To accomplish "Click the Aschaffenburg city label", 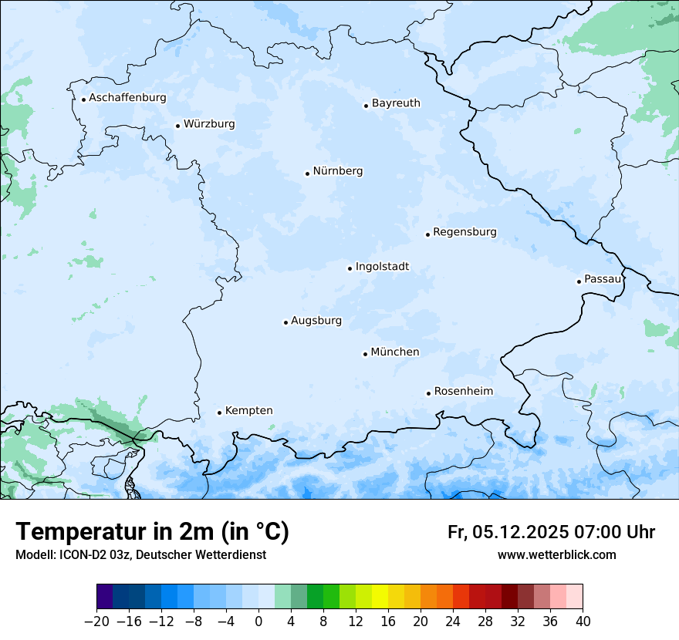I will (127, 98).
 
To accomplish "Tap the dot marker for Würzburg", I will (177, 126).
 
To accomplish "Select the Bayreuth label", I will (396, 103).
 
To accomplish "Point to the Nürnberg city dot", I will (307, 173).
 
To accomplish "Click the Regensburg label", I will (464, 232).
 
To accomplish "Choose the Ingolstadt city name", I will (382, 267).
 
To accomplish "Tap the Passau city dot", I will (579, 281).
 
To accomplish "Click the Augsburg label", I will (316, 321).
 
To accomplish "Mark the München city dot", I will (365, 354).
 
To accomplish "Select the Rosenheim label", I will (463, 392).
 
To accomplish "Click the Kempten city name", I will (248, 411).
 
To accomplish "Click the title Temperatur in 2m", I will (152, 532).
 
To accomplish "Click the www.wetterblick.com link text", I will (556, 555).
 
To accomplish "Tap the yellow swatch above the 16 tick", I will (388, 597).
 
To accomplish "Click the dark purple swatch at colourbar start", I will (105, 597).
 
